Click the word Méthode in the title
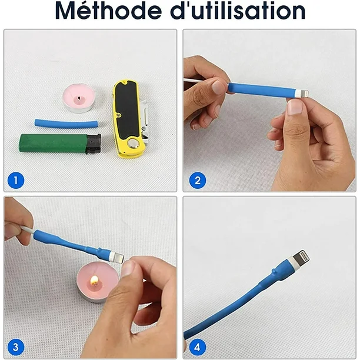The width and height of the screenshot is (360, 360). point(108,11)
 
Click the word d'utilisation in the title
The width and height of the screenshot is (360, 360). point(238,11)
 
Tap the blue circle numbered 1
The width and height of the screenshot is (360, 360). point(16,180)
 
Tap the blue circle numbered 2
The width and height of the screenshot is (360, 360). point(198,180)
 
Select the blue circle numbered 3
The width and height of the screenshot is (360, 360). point(16,347)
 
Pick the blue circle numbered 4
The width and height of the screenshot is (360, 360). point(198,347)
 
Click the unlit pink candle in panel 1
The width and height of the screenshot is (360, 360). point(79,98)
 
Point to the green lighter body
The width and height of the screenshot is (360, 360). point(54,144)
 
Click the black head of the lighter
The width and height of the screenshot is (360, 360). point(94,144)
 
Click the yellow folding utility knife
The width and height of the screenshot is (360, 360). point(129,118)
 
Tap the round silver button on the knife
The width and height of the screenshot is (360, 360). point(134,144)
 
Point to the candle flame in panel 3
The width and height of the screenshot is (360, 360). point(94,280)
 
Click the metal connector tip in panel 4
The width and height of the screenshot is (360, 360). point(301,258)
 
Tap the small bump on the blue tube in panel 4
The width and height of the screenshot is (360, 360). point(274,271)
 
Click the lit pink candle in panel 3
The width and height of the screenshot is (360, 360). point(97,282)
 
